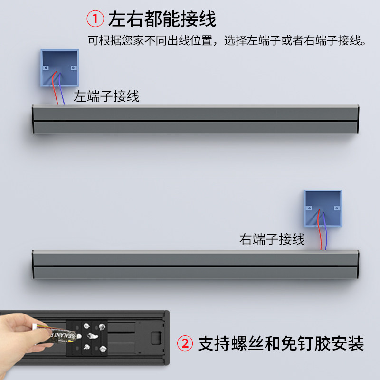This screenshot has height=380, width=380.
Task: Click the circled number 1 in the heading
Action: [95, 19]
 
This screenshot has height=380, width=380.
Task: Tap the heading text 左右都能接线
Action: [162, 19]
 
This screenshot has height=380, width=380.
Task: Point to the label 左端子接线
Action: [106, 96]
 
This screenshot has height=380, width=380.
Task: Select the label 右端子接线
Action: [272, 238]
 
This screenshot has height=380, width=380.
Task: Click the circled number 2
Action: [185, 342]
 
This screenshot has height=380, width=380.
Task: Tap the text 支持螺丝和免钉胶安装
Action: [280, 342]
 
